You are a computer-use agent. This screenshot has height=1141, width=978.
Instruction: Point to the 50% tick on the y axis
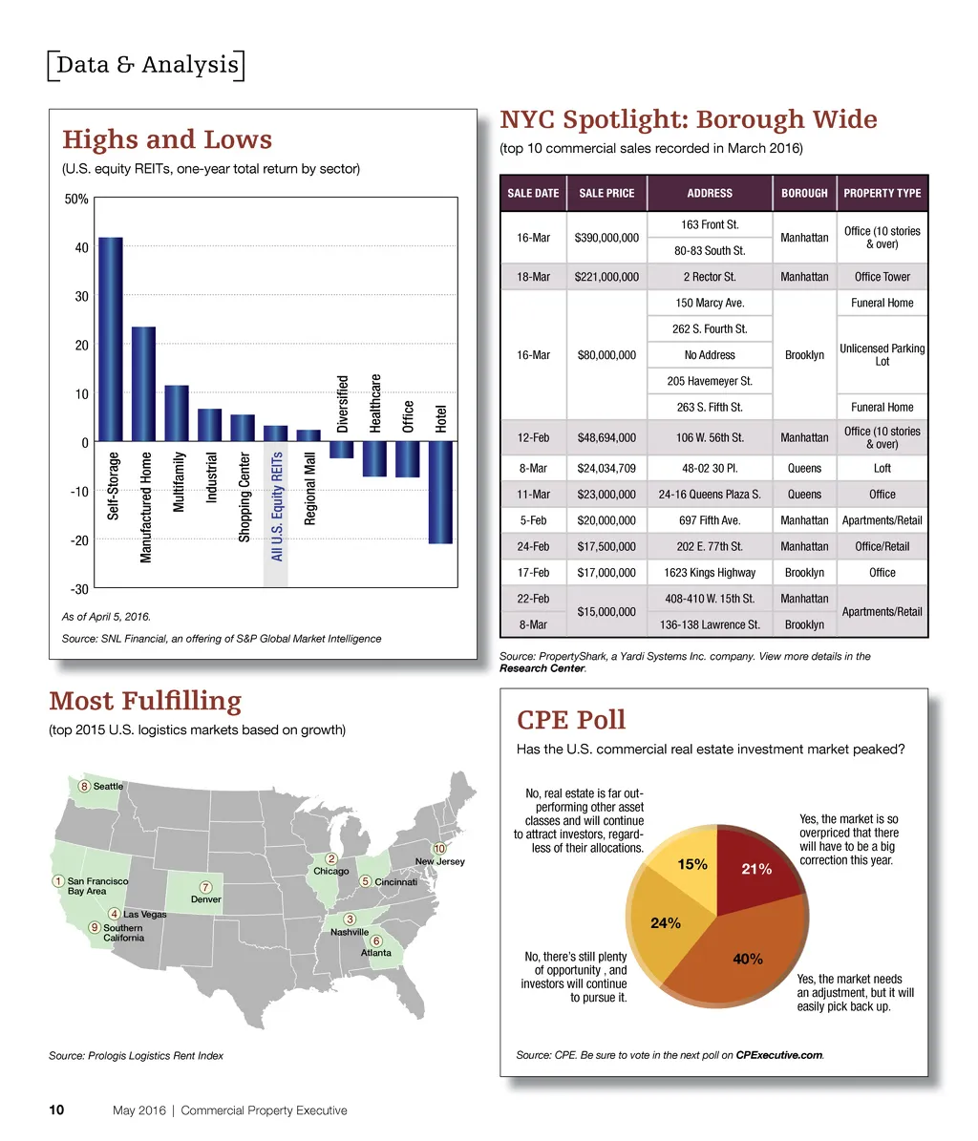pos(76,200)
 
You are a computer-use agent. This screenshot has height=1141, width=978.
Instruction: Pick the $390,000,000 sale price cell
pos(606,238)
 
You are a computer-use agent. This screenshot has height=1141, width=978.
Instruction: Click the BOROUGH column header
pos(804,193)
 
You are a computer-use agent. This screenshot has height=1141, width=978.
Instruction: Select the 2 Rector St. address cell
pos(709,277)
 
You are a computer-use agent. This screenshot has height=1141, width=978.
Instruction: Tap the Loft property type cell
pos(882,469)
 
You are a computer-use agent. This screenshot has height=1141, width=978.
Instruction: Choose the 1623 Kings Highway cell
pos(709,573)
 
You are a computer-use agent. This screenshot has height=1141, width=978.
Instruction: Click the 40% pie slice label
pos(747,959)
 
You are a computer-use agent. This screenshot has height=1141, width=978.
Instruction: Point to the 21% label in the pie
pos(755,870)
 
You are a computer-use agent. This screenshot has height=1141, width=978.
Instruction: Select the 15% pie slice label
pos(691,864)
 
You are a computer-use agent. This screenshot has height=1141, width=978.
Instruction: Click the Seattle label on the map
pos(108,786)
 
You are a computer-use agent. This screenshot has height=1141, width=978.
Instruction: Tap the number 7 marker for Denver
pos(205,886)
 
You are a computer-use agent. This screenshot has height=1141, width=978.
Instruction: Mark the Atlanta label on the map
pos(375,953)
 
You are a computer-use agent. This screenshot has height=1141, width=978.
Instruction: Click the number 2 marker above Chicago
pos(330,857)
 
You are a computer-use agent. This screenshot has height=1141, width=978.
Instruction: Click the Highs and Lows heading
pos(167,139)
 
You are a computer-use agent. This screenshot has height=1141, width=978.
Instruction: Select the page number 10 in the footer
pos(56,1110)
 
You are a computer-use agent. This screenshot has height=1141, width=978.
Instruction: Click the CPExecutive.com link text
pos(779,1055)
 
